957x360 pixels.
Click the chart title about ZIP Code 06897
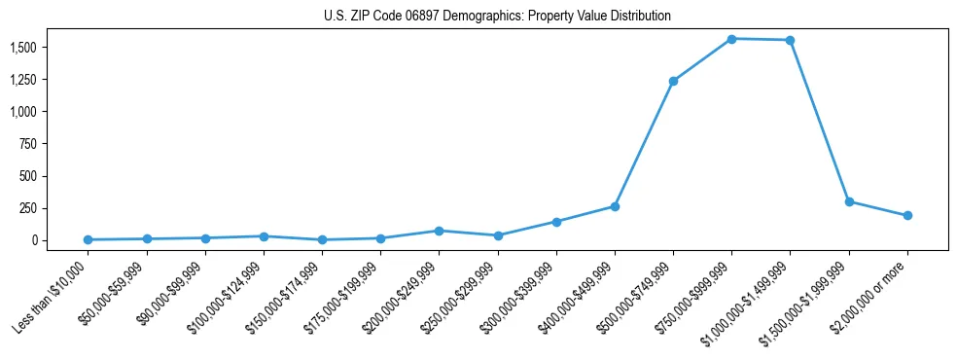pos(497,17)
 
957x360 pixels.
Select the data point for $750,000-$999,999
pos(731,39)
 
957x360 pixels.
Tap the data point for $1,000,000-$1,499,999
pos(790,40)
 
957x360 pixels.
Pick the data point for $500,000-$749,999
pos(673,81)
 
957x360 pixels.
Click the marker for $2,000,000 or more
pos(907,215)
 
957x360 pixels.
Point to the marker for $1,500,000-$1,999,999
pos(849,201)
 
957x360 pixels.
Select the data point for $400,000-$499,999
pos(615,206)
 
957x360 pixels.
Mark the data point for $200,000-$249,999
pos(439,231)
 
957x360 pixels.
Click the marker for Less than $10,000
pos(88,239)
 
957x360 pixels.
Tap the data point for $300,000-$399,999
pos(556,222)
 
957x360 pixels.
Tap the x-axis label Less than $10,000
pos(53,297)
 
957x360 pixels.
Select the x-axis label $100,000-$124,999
pos(226,298)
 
